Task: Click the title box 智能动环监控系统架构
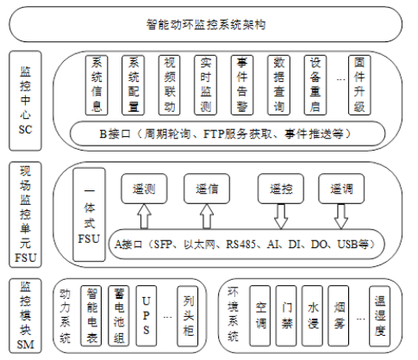tap(206, 24)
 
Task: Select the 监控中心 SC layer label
tap(25, 101)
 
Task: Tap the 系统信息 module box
tap(97, 85)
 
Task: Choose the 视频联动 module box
tap(170, 85)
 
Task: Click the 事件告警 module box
tap(242, 85)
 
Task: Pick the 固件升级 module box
tap(359, 85)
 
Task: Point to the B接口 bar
tap(228, 133)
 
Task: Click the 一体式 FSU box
tap(89, 214)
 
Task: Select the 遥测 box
tap(144, 189)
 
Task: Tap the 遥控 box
tap(281, 189)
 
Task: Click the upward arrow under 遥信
tap(207, 216)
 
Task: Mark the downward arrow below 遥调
tap(341, 217)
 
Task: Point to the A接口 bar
tap(246, 245)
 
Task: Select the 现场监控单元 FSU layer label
tap(25, 214)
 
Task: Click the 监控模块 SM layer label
tap(25, 316)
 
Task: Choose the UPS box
tap(147, 316)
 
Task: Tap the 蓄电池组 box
tap(119, 316)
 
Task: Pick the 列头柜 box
tap(188, 316)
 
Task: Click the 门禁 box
tap(286, 316)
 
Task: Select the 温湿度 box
tap(380, 316)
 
